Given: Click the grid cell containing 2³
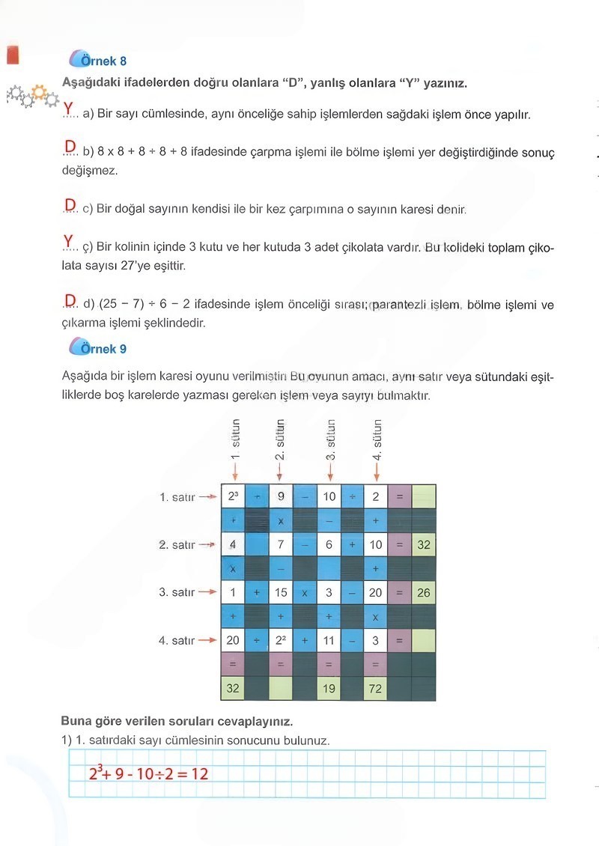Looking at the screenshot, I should click(232, 496).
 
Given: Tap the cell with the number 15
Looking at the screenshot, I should click(280, 592).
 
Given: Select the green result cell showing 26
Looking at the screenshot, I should click(424, 592).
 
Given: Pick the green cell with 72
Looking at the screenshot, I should click(375, 688).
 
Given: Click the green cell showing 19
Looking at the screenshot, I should click(328, 688).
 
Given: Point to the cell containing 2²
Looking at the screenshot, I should click(280, 640).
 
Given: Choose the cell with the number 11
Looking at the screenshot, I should click(328, 640).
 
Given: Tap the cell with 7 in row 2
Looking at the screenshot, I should click(280, 544).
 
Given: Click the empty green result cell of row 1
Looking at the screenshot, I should click(424, 496).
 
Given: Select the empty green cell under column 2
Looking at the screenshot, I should click(280, 688).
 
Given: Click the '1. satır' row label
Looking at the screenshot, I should click(177, 497).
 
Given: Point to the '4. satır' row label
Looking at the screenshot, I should click(177, 641).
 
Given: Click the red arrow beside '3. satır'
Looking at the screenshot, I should click(207, 593).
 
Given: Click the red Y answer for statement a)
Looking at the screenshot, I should click(69, 109).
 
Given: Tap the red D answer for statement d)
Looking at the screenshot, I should click(70, 300).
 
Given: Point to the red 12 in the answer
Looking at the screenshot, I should click(200, 773).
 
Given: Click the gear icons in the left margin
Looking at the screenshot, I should click(31, 96).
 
